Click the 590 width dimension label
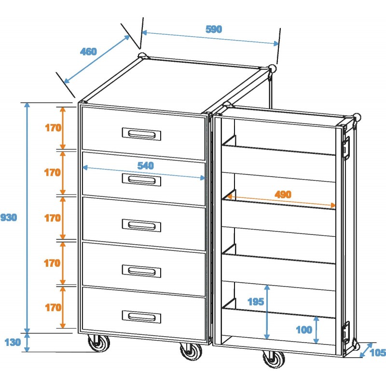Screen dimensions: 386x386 [x=213, y=29]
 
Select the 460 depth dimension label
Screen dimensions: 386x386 [x=89, y=52]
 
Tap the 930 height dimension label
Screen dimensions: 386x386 [x=9, y=218]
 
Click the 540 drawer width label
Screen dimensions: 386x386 [x=145, y=165]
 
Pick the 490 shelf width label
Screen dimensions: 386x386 [x=283, y=194]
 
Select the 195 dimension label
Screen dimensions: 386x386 [x=255, y=302]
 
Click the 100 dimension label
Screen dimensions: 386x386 [x=304, y=330]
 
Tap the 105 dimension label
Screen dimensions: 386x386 [x=378, y=353]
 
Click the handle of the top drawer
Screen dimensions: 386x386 [x=141, y=134]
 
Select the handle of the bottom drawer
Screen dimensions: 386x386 [x=141, y=317]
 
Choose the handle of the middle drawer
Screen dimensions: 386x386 [x=141, y=225]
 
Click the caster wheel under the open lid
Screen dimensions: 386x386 [x=273, y=360]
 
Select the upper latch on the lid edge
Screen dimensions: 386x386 [x=346, y=148]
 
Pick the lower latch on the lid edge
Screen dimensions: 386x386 [x=346, y=331]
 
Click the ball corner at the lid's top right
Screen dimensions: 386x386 [x=357, y=117]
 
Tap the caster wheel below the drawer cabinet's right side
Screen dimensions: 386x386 [x=190, y=351]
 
